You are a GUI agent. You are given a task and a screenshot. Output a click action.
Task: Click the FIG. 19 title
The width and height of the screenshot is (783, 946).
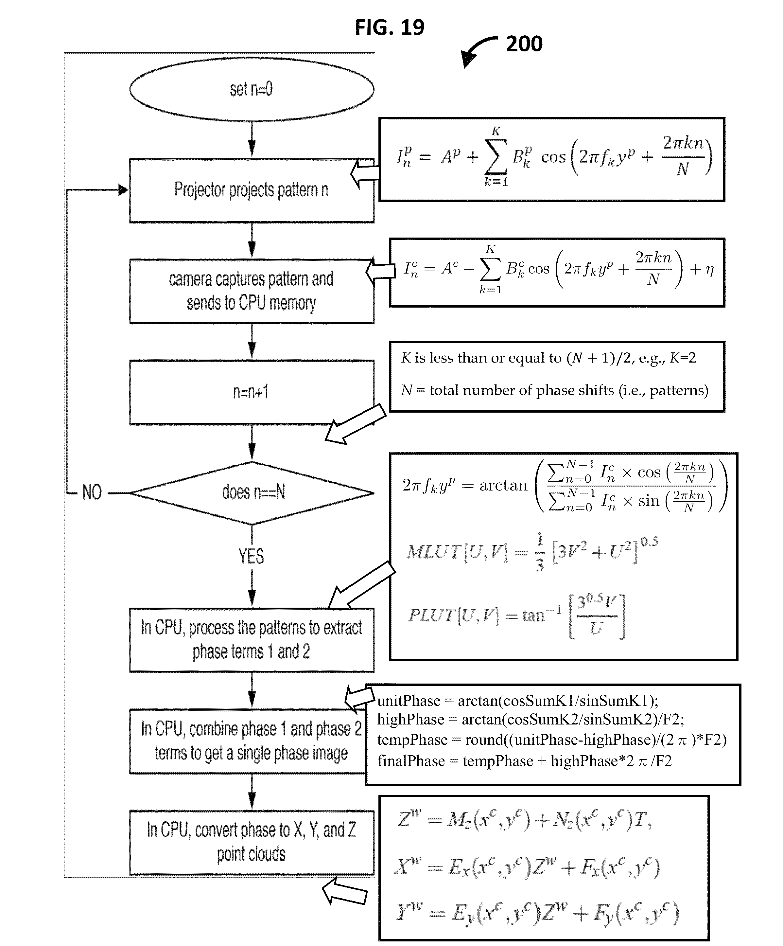tap(390, 27)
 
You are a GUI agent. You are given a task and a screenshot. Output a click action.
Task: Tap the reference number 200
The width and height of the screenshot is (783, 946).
tap(524, 44)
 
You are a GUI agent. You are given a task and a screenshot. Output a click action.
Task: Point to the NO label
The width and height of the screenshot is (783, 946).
tap(92, 492)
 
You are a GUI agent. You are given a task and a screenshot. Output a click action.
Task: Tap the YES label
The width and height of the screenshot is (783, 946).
tap(251, 556)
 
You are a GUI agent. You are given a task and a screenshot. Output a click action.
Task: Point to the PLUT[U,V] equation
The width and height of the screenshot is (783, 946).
tap(516, 616)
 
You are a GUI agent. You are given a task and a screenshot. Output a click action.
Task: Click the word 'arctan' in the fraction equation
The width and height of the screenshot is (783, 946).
tap(503, 486)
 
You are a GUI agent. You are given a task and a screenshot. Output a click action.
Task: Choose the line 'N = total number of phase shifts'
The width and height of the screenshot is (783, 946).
tap(555, 390)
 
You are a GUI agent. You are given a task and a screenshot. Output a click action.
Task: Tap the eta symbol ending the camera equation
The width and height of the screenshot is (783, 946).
tap(710, 270)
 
